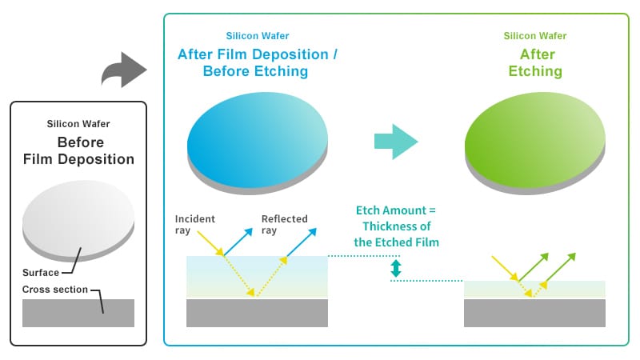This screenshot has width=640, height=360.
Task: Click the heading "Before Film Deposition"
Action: (78, 150)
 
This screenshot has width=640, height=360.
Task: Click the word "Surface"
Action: (42, 273)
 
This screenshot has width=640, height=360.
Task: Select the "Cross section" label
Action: (54, 290)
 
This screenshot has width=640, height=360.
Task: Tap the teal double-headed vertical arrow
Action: (395, 269)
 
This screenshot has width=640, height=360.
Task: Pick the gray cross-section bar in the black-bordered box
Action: (78, 313)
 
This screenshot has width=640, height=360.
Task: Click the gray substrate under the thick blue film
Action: (257, 313)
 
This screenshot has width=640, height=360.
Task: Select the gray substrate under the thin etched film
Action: (534, 313)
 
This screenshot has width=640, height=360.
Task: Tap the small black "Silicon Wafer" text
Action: (78, 124)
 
